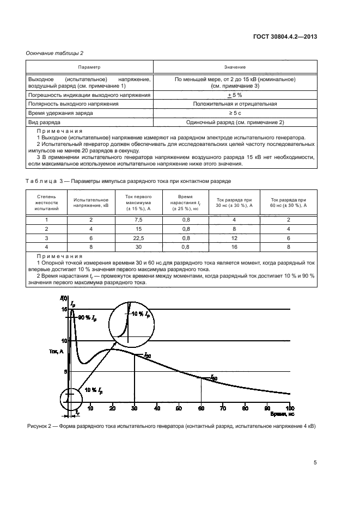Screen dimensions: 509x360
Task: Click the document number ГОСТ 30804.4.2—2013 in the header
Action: (x=285, y=37)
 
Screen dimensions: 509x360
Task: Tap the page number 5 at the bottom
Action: (x=315, y=463)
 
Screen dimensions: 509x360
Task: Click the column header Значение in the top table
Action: (x=235, y=67)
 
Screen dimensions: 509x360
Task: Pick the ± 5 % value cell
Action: (x=235, y=95)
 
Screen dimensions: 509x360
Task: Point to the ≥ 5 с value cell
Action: (x=235, y=113)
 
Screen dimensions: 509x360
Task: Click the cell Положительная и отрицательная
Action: (x=235, y=103)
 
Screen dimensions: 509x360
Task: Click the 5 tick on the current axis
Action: (x=64, y=372)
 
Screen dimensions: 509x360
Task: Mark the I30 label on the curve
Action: (x=147, y=355)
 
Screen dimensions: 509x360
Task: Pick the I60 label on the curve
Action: (x=214, y=377)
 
